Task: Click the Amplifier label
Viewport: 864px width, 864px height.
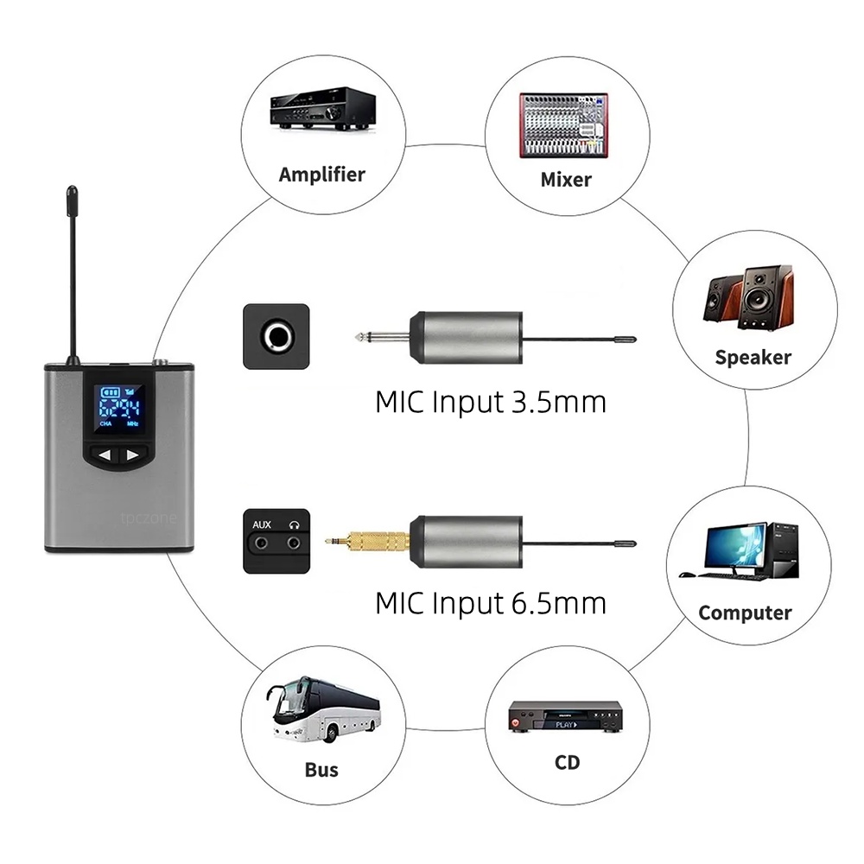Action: pos(321,174)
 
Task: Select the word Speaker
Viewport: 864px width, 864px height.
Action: pos(753,357)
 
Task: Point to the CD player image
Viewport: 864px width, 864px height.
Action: pos(567,717)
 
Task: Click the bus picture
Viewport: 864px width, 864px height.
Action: pos(321,708)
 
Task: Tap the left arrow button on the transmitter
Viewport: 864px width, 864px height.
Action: pos(105,455)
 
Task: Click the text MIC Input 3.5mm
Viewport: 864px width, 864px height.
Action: pos(491,402)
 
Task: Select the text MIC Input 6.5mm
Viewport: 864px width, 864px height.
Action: pos(491,602)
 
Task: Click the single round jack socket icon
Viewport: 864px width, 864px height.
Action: pos(276,335)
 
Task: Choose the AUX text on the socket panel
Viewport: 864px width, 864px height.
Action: pos(262,524)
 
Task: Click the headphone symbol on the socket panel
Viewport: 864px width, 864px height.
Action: pos(295,524)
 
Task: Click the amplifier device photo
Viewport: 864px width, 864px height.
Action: pos(321,107)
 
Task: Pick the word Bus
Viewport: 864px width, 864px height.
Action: pos(321,770)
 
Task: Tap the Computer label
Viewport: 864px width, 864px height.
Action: pos(745,613)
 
